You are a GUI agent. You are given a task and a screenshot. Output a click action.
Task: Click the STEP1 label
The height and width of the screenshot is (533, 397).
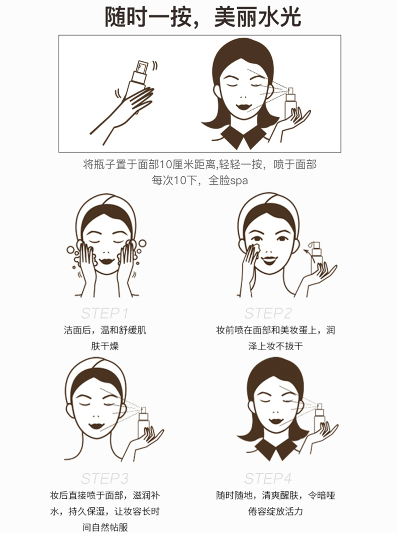(x=105, y=313)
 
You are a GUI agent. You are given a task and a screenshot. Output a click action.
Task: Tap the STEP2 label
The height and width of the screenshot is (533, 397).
(x=268, y=313)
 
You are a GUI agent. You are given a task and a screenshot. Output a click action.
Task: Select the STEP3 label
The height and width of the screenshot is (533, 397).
(x=105, y=479)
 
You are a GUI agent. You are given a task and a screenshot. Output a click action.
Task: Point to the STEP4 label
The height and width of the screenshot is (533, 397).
(x=268, y=479)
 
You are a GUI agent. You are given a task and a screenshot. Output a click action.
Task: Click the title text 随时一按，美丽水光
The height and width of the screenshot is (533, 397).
(x=203, y=17)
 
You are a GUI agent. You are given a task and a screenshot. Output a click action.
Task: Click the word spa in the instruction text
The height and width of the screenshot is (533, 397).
(x=239, y=180)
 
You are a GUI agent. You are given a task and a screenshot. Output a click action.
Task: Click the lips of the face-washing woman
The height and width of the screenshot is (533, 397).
(x=107, y=262)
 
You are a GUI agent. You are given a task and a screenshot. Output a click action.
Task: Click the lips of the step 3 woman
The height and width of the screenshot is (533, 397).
(x=97, y=427)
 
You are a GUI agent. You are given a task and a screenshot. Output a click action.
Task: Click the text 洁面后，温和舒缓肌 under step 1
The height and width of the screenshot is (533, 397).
(x=105, y=330)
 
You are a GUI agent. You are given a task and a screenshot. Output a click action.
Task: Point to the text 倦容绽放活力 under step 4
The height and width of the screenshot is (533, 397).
(x=275, y=511)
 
